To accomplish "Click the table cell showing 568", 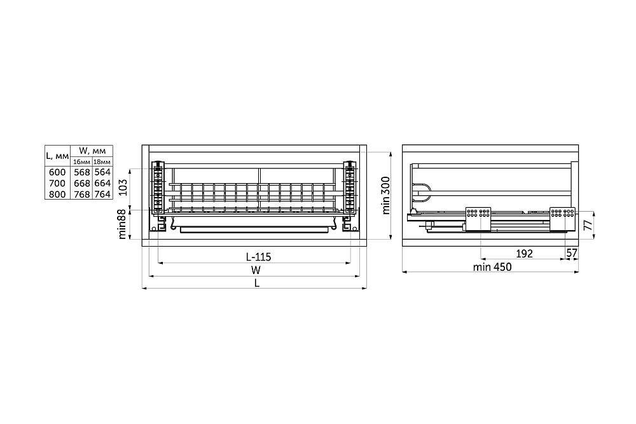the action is point(82,172).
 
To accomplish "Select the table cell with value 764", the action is point(102,194).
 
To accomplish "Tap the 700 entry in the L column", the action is point(57,183).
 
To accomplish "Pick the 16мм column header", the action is point(81,161).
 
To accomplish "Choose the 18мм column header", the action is point(102,161).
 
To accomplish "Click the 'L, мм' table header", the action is point(57,156).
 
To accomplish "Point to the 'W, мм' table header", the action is point(92,151).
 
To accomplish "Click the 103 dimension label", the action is point(123,188).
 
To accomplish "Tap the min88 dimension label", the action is point(123,226).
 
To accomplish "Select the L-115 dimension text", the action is point(258,257).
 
